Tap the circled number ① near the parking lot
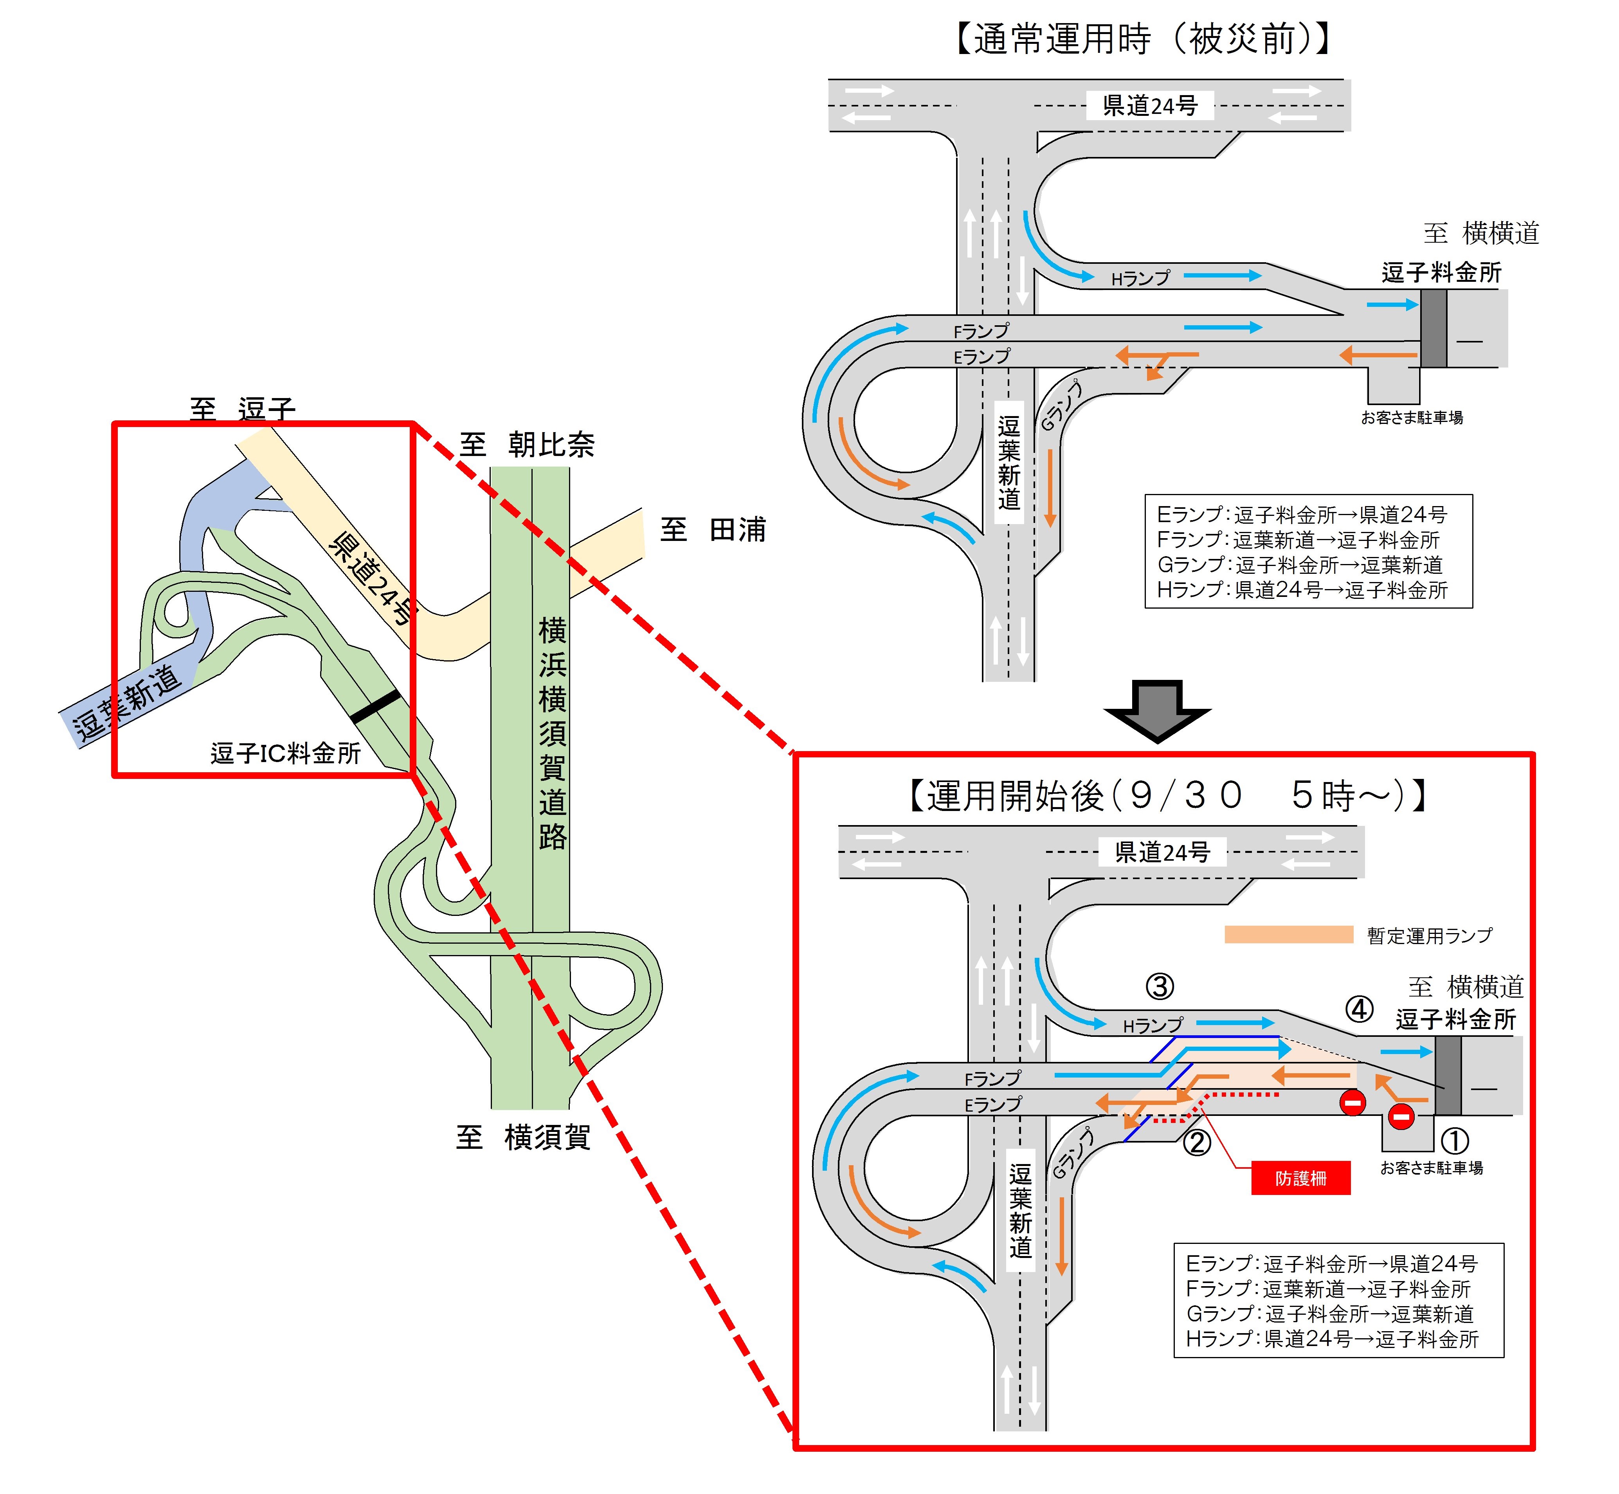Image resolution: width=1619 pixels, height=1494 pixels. (1454, 1141)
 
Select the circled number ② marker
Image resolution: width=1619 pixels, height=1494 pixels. (1197, 1143)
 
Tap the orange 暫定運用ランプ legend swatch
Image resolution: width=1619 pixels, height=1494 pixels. (1288, 935)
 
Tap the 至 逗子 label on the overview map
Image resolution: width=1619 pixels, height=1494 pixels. (243, 410)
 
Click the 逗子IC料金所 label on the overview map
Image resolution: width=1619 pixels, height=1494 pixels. (285, 753)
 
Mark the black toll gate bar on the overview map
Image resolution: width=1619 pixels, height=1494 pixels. (376, 706)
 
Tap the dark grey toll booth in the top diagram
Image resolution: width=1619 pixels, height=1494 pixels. (1433, 328)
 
